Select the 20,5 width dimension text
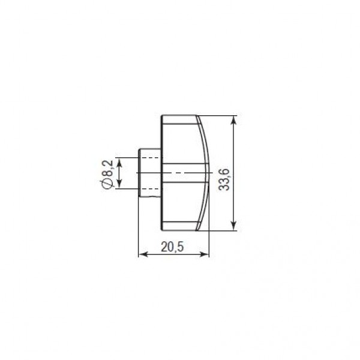tap(173, 245)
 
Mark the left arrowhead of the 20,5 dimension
tap(142, 254)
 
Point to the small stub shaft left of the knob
tap(149, 173)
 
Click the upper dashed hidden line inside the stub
tap(150, 157)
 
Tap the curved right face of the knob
tap(206, 173)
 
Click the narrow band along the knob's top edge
tap(180, 119)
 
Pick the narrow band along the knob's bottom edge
tap(180, 227)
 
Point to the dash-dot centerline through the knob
tap(180, 173)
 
